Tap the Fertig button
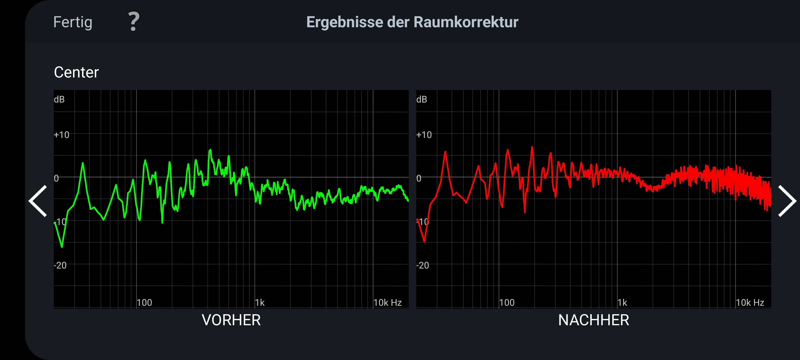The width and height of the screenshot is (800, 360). pos(73,22)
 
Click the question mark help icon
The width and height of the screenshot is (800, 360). pos(134,21)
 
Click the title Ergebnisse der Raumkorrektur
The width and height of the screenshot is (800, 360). pos(412,22)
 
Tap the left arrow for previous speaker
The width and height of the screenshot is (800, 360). pos(38,201)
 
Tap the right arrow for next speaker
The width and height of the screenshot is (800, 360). pos(787,201)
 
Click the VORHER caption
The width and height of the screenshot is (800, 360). pos(231,320)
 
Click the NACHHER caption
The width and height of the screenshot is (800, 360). pos(593,320)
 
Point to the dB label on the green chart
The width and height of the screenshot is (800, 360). pos(59,99)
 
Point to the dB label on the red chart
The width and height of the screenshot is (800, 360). pos(422,99)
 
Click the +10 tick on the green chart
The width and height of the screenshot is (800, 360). pos(61,135)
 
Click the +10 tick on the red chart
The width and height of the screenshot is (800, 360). pos(424,135)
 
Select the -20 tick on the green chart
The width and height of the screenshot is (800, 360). pos(60,265)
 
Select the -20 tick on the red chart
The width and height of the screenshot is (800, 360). pos(423,265)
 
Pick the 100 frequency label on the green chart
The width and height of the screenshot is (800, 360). pos(144,302)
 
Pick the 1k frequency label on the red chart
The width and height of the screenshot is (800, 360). pos(622,302)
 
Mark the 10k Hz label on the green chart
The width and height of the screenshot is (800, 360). pos(387,302)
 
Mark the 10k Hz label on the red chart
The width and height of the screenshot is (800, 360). pos(750,302)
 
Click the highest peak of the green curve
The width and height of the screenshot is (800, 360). pos(210,150)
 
